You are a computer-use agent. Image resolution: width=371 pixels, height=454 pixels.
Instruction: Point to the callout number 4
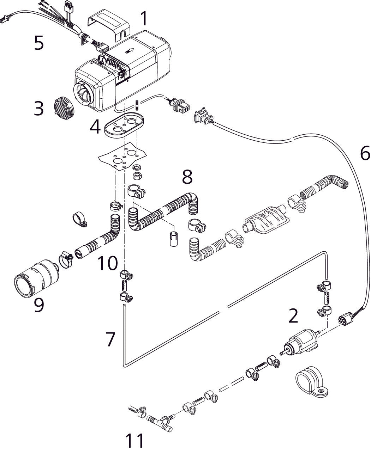pos(95,127)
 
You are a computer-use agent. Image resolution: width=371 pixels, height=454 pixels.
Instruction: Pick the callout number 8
pos(187,177)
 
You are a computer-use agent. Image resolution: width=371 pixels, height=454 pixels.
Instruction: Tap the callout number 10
pos(108,263)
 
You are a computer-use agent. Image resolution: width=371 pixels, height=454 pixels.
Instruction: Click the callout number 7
pos(110,339)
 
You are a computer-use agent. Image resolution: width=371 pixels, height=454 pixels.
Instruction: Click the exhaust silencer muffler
pos(266,221)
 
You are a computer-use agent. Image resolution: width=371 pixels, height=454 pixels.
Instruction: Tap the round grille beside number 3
pos(63,107)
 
